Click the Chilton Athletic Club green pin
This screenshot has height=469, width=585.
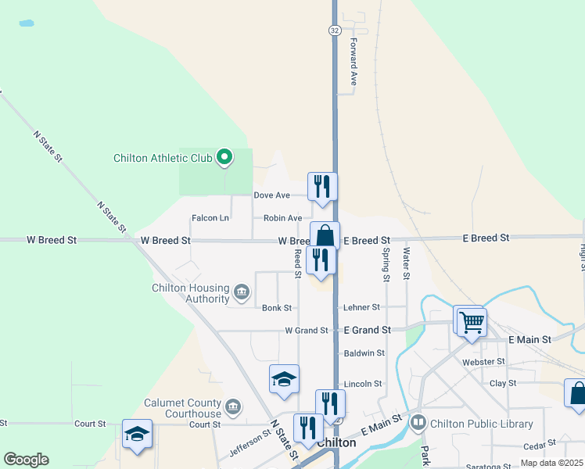[x=224, y=158]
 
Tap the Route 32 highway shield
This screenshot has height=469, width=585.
[x=334, y=30]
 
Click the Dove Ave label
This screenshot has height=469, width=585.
[x=272, y=195]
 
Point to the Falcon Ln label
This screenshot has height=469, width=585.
[x=210, y=218]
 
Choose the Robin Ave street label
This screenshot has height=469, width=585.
[x=282, y=218]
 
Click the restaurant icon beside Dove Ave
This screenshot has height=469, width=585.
[x=322, y=187]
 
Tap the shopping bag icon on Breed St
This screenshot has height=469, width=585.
[x=324, y=235]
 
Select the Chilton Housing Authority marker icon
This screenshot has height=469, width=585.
[x=241, y=294]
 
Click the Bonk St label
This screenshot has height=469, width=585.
[x=277, y=308]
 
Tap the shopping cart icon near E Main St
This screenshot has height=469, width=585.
[x=471, y=321]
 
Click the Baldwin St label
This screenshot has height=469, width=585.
[x=364, y=353]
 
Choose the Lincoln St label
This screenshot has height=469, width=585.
[x=363, y=384]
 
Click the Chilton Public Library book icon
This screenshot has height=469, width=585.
[x=418, y=424]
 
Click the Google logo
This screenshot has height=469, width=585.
[x=26, y=460]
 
